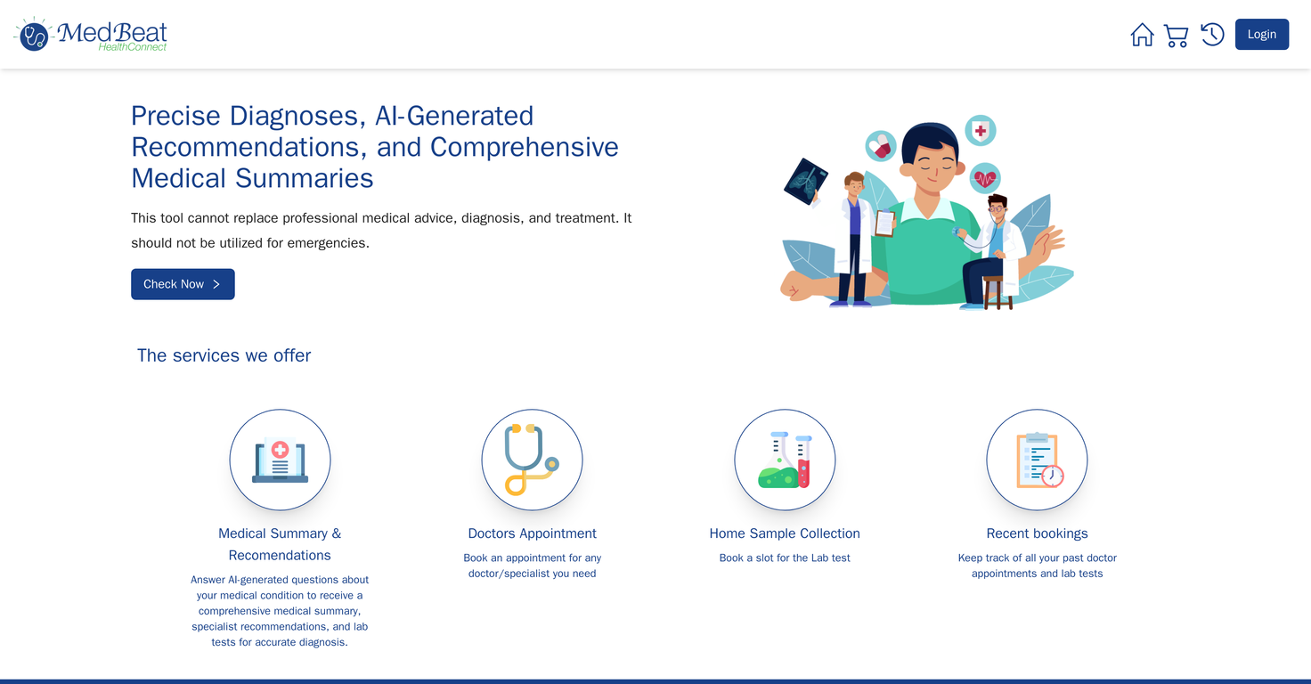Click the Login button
pyautogui.click(x=1261, y=35)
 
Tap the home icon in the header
pyautogui.click(x=1142, y=35)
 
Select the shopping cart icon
pyautogui.click(x=1176, y=36)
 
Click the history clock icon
pyautogui.click(x=1212, y=35)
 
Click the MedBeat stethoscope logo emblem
pyautogui.click(x=34, y=36)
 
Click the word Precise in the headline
pyautogui.click(x=175, y=116)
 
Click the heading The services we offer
pyautogui.click(x=224, y=355)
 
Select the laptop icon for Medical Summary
pyautogui.click(x=280, y=460)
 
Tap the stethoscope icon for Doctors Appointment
pyautogui.click(x=532, y=460)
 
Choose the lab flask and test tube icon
pyautogui.click(x=785, y=460)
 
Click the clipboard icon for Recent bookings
pyautogui.click(x=1037, y=460)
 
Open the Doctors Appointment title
pyautogui.click(x=532, y=533)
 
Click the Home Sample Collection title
pyautogui.click(x=785, y=533)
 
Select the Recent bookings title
pyautogui.click(x=1037, y=533)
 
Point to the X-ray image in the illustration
pyautogui.click(x=805, y=181)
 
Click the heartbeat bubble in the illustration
pyautogui.click(x=984, y=178)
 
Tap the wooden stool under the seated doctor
pyautogui.click(x=997, y=292)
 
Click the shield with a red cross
pyautogui.click(x=981, y=131)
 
